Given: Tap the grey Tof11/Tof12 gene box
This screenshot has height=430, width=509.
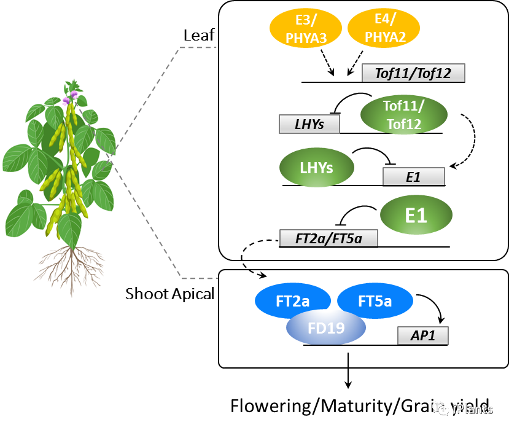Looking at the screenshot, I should tap(413, 73).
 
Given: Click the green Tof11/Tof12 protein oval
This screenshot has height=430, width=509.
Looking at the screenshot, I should tap(403, 114).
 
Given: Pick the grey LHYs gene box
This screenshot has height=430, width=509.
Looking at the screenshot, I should tap(309, 124).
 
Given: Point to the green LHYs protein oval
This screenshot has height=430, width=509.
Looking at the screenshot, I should tap(317, 166).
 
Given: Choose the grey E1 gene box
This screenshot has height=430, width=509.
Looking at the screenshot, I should tap(413, 176).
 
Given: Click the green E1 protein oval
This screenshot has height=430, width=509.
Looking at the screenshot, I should tap(416, 215).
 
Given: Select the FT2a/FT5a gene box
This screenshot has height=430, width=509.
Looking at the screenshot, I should tap(328, 238).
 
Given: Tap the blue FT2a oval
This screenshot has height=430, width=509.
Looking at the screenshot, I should tap(292, 301).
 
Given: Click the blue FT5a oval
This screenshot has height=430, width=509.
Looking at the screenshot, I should tap(375, 301).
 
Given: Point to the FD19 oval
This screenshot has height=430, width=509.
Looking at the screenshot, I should tap(326, 327).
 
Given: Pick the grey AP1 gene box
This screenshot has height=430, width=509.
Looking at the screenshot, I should tap(422, 335).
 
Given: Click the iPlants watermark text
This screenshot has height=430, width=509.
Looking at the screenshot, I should tap(472, 408).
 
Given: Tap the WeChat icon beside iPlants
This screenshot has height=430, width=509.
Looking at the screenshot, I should tap(440, 408).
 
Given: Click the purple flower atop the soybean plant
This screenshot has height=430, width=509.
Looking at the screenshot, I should tap(70, 96).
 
